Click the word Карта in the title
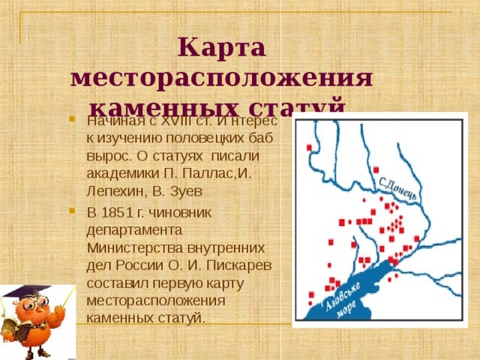click(x=222, y=49)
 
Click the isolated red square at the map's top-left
click(x=309, y=148)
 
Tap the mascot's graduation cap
click(x=30, y=292)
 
